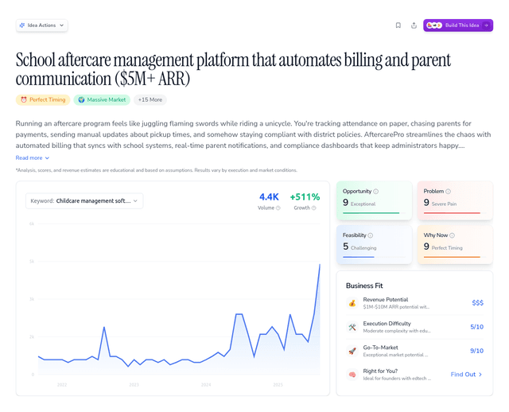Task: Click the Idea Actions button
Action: (41, 25)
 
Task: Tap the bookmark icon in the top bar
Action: (398, 25)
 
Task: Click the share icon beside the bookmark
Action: (414, 25)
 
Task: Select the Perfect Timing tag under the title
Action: (43, 99)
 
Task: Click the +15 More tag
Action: (150, 99)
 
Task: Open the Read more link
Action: (33, 157)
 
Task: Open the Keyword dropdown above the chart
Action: (84, 201)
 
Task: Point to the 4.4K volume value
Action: (270, 196)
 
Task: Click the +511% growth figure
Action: (305, 196)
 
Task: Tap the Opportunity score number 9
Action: (346, 203)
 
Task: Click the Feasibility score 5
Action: (346, 247)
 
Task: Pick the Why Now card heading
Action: (437, 235)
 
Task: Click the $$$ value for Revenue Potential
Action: (477, 303)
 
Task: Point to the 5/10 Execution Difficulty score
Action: (476, 327)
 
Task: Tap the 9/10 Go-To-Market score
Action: (476, 351)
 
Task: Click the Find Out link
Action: (466, 375)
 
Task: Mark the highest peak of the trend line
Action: (320, 265)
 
